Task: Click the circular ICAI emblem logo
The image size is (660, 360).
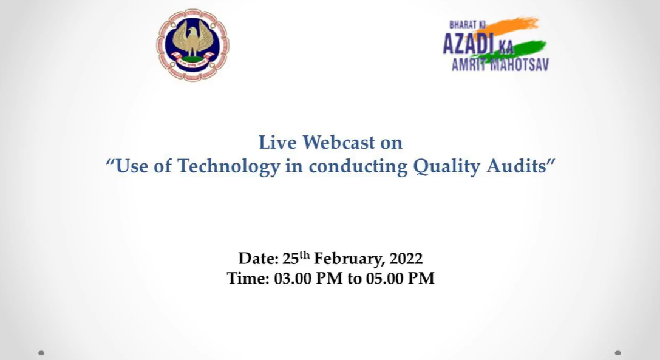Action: pyautogui.click(x=193, y=45)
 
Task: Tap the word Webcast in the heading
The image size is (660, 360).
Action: pyautogui.click(x=338, y=142)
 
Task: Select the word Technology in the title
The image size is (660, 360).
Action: pyautogui.click(x=228, y=166)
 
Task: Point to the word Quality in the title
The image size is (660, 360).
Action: pyautogui.click(x=447, y=166)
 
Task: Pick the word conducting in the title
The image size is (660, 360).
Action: pyautogui.click(x=358, y=166)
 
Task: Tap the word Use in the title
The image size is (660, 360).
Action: pyautogui.click(x=131, y=166)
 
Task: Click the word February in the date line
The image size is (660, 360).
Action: pyautogui.click(x=349, y=259)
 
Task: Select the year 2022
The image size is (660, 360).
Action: pyautogui.click(x=406, y=259)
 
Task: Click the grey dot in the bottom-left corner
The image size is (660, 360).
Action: pyautogui.click(x=41, y=353)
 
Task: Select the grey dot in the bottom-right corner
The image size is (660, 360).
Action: pyautogui.click(x=618, y=353)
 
